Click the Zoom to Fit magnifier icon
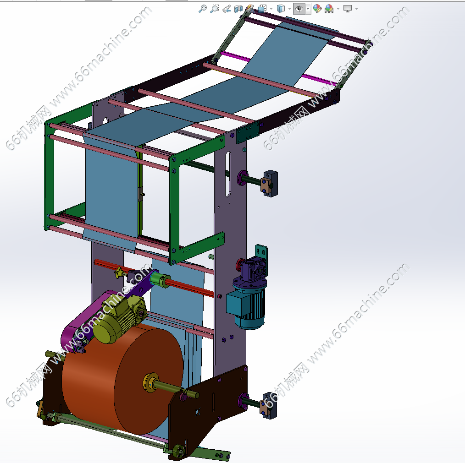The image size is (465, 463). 203,9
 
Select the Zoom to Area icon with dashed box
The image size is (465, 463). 215,9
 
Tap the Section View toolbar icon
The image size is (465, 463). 238,9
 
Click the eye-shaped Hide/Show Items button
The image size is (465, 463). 299,9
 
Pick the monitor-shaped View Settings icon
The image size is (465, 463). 348,9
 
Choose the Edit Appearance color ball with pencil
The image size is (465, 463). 317,9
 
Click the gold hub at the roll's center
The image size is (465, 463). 151,382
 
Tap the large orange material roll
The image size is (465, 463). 122,379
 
